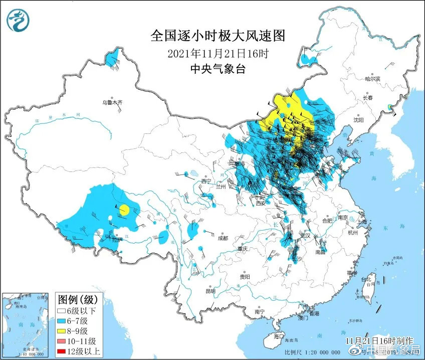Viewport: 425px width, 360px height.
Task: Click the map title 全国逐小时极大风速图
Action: coord(218,36)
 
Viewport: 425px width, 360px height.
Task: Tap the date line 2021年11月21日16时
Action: coord(218,53)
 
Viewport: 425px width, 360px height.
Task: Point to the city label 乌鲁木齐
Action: coord(112,102)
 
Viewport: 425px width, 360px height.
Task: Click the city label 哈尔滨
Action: coord(372,79)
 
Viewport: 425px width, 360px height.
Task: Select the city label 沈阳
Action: coord(358,120)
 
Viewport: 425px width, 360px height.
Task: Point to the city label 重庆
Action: coord(244,249)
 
